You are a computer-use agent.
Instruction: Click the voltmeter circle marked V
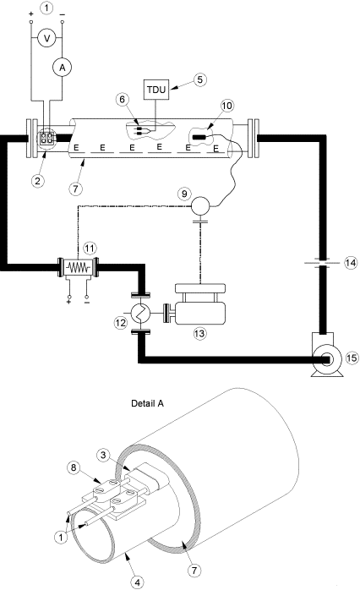[47, 38]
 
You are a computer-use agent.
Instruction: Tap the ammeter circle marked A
[62, 68]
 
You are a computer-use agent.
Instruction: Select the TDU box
[156, 90]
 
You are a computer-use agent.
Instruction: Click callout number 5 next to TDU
[199, 79]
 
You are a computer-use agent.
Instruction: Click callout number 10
[226, 106]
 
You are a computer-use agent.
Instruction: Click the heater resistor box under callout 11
[78, 268]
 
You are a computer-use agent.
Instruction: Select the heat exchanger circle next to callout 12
[140, 312]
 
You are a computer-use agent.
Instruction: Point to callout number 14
[351, 262]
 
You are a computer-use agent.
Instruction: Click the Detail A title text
[147, 404]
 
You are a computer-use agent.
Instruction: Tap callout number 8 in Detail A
[74, 467]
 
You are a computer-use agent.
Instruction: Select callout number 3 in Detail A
[103, 455]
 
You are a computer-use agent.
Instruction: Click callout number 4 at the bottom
[138, 582]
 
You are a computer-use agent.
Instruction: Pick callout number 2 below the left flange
[38, 181]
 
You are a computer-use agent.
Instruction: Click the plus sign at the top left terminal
[31, 14]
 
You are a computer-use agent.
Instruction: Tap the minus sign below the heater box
[87, 302]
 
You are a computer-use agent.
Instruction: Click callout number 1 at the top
[46, 8]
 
